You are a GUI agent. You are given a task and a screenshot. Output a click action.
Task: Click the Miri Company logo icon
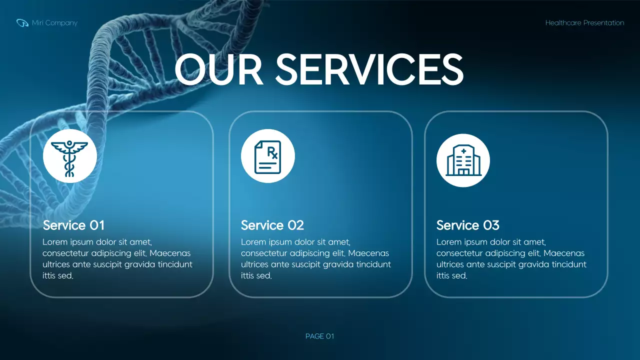click(22, 23)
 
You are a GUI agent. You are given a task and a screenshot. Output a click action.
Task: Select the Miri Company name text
click(54, 23)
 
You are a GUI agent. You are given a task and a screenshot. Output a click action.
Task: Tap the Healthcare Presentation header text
click(584, 23)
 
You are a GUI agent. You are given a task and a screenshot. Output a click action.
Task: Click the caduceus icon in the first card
click(69, 156)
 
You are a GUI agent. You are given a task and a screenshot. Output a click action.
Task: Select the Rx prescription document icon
click(268, 156)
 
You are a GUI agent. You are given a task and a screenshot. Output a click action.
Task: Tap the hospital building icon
click(463, 160)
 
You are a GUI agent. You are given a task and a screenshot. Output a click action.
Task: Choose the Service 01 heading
click(73, 225)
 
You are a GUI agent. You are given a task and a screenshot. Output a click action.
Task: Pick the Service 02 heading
click(272, 225)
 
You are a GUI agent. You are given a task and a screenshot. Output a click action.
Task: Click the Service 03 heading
click(467, 225)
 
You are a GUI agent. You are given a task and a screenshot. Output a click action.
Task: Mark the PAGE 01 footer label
click(319, 336)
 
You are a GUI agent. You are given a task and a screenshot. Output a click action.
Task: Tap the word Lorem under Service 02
click(252, 242)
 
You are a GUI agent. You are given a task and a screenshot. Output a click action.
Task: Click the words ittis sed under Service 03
click(451, 276)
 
